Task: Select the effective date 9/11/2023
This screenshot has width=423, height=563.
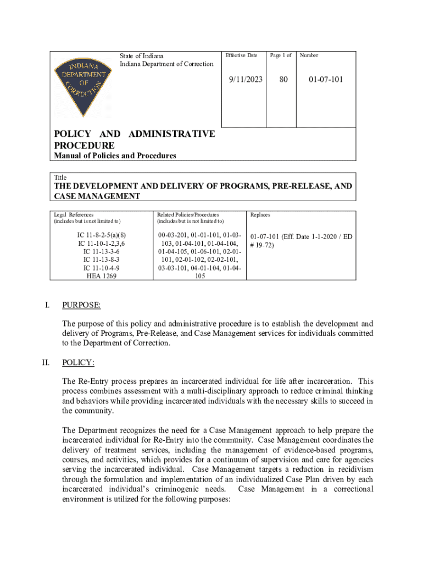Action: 246,80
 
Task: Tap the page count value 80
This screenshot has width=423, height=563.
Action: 283,80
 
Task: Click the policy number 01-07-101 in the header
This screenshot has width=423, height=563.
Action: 325,80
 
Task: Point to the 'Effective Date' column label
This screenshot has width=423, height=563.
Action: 241,56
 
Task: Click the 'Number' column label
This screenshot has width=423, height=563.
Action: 309,56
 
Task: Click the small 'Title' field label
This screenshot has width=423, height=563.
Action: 60,178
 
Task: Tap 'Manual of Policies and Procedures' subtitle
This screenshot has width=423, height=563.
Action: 115,156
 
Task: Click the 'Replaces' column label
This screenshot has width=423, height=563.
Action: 260,214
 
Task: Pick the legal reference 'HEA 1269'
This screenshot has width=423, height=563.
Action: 102,276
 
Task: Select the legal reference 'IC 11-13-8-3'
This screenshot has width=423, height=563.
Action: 102,258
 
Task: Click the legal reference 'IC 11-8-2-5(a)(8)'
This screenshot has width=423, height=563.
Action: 102,235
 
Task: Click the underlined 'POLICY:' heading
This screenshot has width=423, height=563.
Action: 79,362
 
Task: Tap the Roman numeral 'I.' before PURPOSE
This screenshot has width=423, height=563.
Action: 48,305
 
